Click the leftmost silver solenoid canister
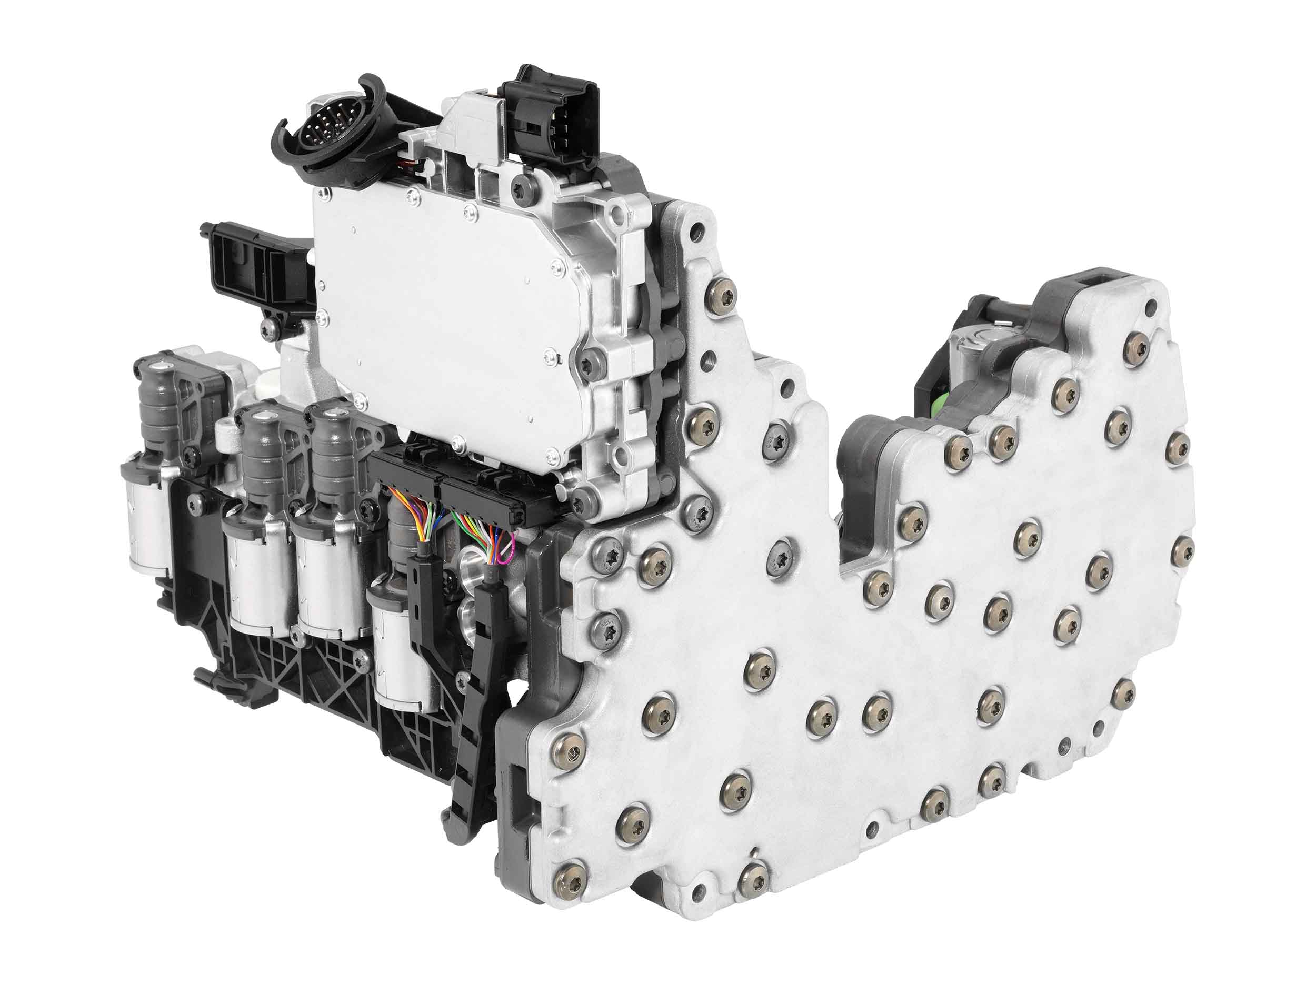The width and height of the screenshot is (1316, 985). click(145, 517)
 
